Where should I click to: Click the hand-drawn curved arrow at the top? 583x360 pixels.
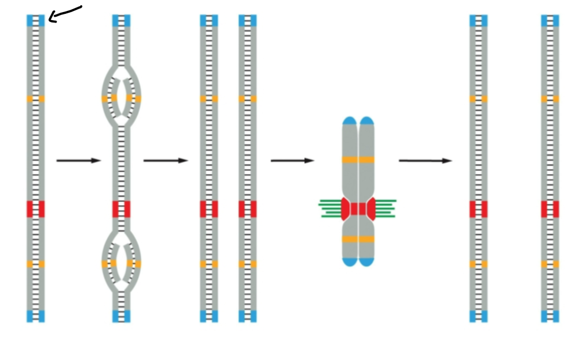(x=65, y=13)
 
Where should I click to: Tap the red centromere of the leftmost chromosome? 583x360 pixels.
(x=35, y=209)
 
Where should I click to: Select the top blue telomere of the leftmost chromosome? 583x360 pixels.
(x=35, y=21)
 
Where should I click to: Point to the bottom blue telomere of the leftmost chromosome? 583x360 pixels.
(x=35, y=316)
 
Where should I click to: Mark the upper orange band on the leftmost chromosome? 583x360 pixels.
(x=35, y=98)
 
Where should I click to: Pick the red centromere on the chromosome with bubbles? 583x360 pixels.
(x=121, y=209)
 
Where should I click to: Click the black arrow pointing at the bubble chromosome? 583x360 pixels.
(x=78, y=161)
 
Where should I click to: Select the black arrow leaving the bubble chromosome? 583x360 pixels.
(x=165, y=161)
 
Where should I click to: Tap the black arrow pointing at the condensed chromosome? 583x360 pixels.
(x=292, y=161)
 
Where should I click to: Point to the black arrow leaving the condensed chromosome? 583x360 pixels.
(x=425, y=161)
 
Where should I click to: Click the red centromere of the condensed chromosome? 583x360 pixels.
(x=358, y=209)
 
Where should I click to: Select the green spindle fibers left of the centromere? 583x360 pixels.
(x=331, y=208)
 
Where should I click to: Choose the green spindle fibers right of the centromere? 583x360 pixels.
(x=385, y=208)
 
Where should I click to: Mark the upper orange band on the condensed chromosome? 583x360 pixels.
(x=358, y=160)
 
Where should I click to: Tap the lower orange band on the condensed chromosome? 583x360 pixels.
(x=358, y=239)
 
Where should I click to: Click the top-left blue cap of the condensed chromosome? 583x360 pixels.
(x=350, y=121)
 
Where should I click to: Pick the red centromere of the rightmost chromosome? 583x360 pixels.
(x=550, y=209)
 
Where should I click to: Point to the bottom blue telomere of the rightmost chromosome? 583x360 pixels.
(x=550, y=316)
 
